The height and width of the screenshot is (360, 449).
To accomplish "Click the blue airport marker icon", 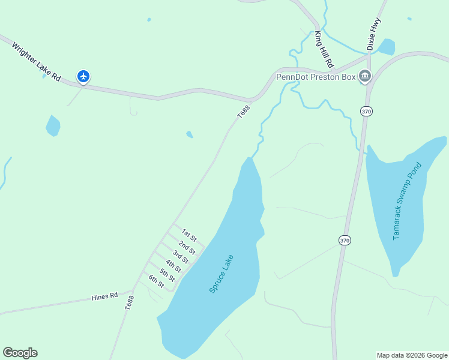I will [x=83, y=76].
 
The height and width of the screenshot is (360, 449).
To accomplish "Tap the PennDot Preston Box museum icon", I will [x=365, y=76].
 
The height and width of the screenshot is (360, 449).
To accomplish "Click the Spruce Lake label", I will [x=221, y=274].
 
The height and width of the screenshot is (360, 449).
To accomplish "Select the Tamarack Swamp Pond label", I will [x=408, y=201].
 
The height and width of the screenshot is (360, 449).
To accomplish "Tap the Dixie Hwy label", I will [x=374, y=34].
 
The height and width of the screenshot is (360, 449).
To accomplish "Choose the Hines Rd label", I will [x=104, y=296].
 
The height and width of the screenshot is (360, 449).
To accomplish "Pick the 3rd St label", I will [x=181, y=256].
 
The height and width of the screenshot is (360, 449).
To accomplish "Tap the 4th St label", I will [x=173, y=265].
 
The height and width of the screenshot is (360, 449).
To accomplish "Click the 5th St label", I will [x=167, y=274].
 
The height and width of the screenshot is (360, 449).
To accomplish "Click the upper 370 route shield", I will [x=366, y=111].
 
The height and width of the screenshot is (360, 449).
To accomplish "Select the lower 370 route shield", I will [x=345, y=240].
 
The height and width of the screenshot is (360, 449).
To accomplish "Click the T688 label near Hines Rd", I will [x=129, y=302].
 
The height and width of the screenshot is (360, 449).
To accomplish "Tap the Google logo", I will [x=20, y=353].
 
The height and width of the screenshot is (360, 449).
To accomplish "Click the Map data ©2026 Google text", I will [x=412, y=355].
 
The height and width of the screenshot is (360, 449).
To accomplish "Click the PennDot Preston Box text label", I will [x=315, y=77].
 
